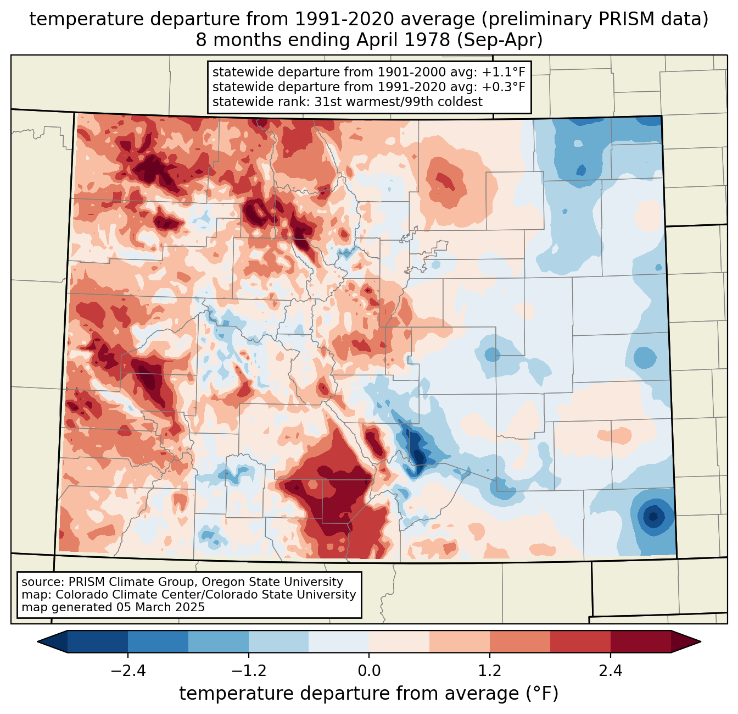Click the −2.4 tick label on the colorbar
[127, 671]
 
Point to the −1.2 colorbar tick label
[248, 671]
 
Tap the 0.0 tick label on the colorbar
[369, 671]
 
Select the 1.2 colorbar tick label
[490, 671]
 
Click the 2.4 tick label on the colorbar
[611, 671]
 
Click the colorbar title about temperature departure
[369, 694]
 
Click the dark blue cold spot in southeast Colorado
[653, 516]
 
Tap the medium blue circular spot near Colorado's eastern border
[644, 358]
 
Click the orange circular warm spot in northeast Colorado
[444, 180]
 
